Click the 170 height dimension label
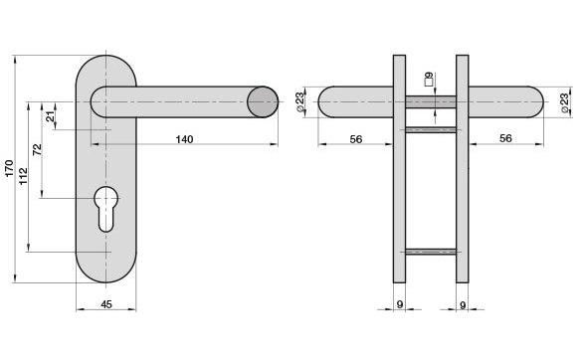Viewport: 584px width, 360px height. pyautogui.click(x=9, y=168)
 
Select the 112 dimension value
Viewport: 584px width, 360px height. pyautogui.click(x=24, y=176)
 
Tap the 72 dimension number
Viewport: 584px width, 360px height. pyautogui.click(x=37, y=149)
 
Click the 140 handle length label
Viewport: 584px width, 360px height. pyautogui.click(x=184, y=139)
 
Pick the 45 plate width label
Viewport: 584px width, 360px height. pyautogui.click(x=106, y=304)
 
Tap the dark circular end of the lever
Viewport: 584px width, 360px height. pyautogui.click(x=263, y=102)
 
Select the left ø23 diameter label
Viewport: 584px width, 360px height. pyautogui.click(x=300, y=102)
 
